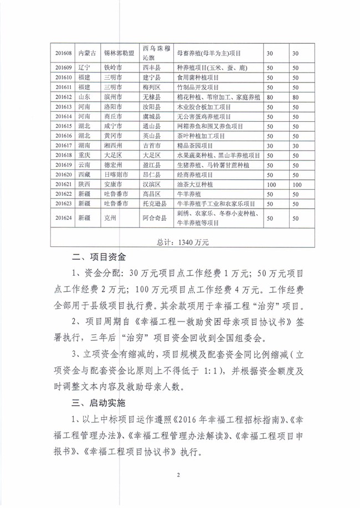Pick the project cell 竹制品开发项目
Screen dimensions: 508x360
tap(198, 87)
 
